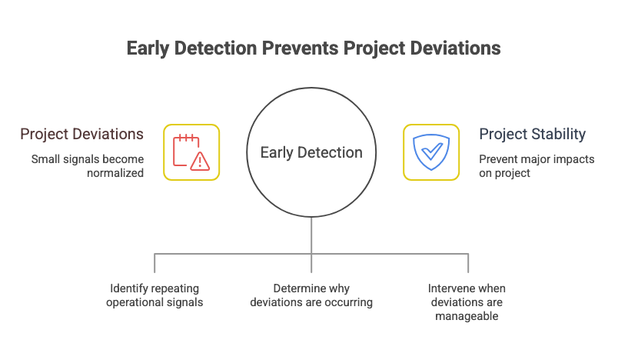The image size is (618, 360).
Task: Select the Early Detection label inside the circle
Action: [311, 152]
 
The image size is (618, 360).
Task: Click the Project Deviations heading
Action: [81, 135]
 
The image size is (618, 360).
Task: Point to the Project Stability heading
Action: [532, 135]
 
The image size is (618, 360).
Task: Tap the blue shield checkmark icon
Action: [431, 152]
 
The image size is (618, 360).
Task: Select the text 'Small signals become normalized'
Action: [87, 166]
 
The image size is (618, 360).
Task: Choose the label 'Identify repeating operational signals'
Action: [154, 295]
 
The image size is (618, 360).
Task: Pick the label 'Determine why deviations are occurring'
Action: [311, 295]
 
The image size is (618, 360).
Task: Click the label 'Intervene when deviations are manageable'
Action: [467, 302]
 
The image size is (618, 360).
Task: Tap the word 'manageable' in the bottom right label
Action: [467, 316]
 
